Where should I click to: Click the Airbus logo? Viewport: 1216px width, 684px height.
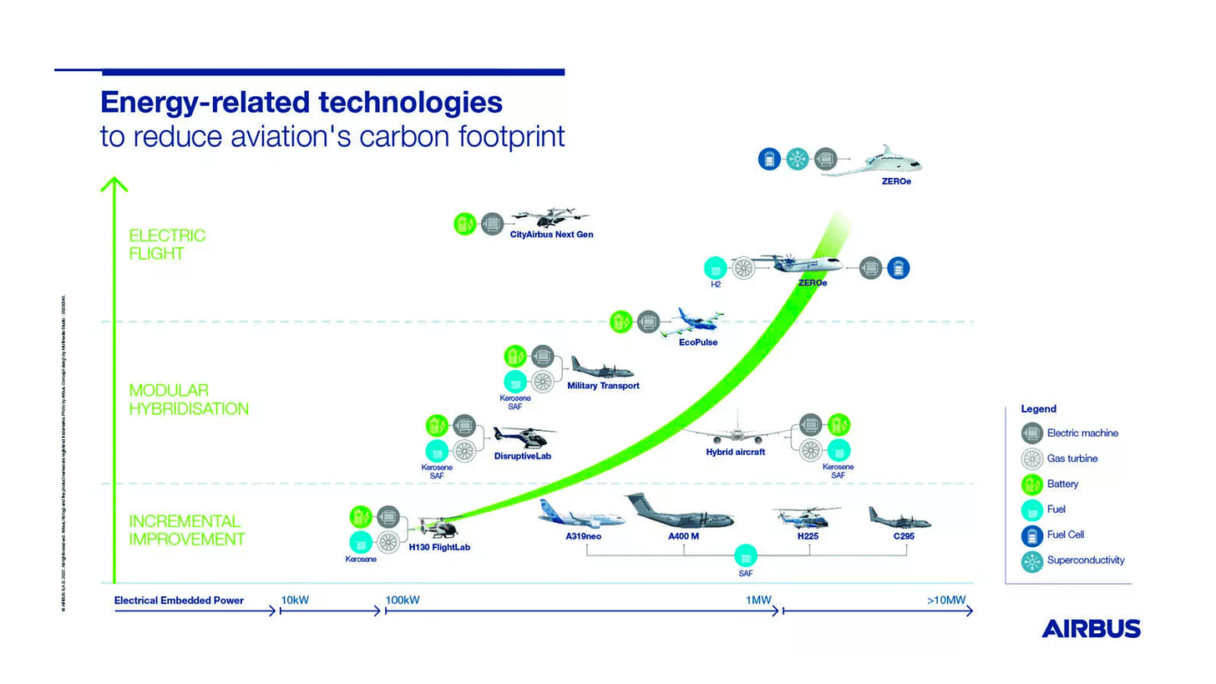tap(1091, 628)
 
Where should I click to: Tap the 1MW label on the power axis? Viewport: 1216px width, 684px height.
tap(758, 600)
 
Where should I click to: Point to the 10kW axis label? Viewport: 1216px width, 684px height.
tap(295, 600)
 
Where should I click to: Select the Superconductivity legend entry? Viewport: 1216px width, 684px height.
tap(1085, 560)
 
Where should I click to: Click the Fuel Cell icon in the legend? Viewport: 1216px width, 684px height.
tap(1032, 535)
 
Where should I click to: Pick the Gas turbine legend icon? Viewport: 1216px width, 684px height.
tap(1032, 459)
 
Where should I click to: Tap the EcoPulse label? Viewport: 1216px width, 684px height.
tap(698, 342)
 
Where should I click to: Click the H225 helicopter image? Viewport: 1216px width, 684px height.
tap(805, 516)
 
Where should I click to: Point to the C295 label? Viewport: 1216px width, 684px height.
tap(904, 536)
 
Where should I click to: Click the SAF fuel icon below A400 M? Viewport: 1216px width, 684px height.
tap(745, 555)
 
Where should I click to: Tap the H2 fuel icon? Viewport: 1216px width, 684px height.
tap(715, 268)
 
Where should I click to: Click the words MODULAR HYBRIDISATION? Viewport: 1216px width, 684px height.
tap(189, 399)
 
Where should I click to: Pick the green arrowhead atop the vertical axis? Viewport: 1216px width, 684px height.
tap(114, 184)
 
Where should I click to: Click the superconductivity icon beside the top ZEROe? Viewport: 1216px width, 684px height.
tap(797, 159)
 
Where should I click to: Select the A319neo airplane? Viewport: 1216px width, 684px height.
tap(581, 514)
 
